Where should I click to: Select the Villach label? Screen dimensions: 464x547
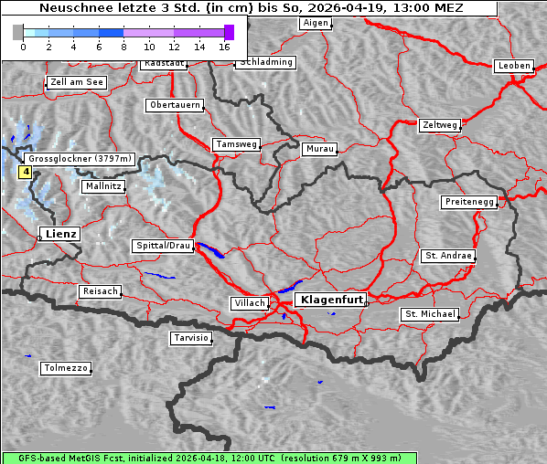coord(249,302)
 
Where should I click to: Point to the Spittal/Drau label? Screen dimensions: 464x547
coord(164,246)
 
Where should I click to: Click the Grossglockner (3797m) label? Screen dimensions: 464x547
coord(80,158)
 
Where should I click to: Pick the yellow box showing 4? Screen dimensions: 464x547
coord(26,171)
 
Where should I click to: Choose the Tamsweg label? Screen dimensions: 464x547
coord(237,144)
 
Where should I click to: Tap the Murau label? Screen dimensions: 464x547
coord(320,148)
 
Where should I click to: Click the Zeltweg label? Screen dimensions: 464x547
coord(440,124)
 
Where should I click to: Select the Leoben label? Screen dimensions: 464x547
coord(513,66)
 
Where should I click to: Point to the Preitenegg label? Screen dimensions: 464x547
coord(469,201)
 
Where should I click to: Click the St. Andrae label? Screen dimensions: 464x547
coord(448,256)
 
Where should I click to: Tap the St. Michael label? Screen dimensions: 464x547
coord(430,314)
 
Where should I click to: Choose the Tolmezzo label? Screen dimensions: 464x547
coord(66,368)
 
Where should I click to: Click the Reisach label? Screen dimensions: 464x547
coord(101,291)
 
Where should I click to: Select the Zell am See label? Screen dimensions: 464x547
coord(77,82)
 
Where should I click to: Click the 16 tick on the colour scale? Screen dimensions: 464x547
coord(225,46)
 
